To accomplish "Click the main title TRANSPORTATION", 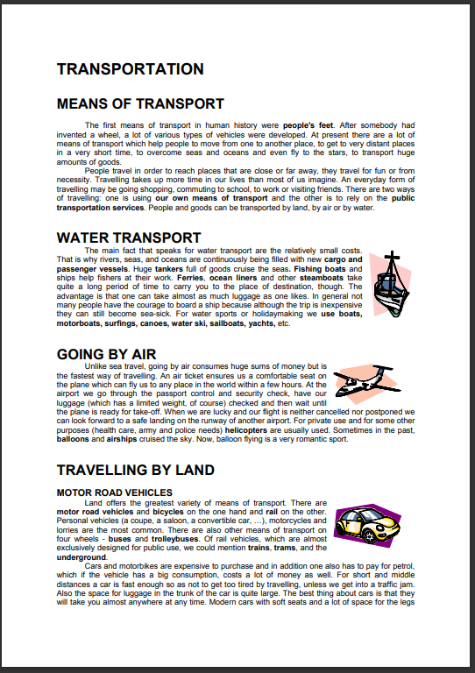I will [x=130, y=69].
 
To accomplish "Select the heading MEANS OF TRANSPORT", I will [x=140, y=104].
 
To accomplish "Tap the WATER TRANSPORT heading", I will [x=129, y=237].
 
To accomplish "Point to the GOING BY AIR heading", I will [x=105, y=354].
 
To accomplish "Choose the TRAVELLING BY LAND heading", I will [x=135, y=471].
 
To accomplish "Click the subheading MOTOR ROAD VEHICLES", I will [x=114, y=492].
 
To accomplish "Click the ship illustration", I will [x=389, y=285].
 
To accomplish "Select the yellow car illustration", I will [x=367, y=526].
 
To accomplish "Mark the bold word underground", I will [x=81, y=557].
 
